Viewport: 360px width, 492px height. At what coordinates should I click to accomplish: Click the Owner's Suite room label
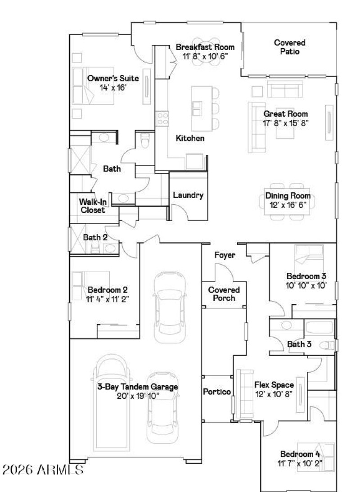tap(113, 78)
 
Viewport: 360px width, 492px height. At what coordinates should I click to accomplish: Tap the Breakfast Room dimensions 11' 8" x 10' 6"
tap(205, 56)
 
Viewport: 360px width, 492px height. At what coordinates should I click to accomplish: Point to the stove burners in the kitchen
tap(162, 118)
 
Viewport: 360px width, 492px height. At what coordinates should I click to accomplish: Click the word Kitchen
tap(190, 139)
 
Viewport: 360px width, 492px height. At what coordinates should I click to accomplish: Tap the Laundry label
tap(188, 195)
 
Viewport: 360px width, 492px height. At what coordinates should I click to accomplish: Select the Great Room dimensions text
tap(286, 122)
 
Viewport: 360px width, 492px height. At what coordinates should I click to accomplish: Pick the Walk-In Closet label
tap(93, 206)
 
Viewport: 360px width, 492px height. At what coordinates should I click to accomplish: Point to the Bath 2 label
tap(95, 237)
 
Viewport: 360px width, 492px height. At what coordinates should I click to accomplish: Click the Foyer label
tap(225, 255)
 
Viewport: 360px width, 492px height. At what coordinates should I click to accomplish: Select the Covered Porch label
tap(224, 293)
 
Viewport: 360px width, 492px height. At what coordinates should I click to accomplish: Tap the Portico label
tap(217, 392)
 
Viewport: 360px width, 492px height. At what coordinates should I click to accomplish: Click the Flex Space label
tap(274, 385)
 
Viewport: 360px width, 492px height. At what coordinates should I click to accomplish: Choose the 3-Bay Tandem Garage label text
tap(138, 387)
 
